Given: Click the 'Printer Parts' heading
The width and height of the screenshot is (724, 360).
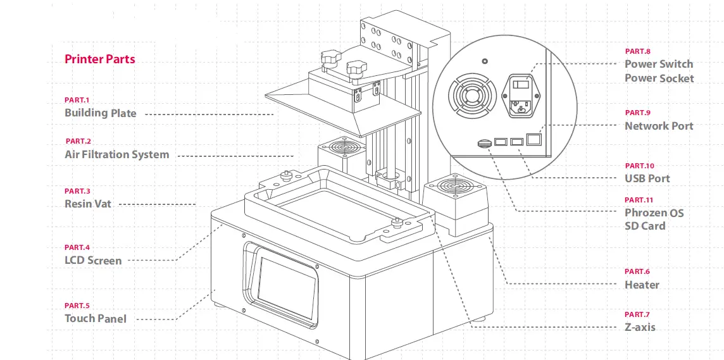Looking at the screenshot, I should click(x=99, y=59).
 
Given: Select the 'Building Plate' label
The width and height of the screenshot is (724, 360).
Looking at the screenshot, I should click(x=100, y=113).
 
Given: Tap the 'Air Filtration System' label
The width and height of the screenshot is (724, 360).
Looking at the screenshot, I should click(x=116, y=154).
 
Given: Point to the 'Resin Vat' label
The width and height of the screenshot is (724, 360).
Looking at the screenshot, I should click(x=87, y=204).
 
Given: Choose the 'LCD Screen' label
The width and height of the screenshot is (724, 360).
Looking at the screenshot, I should click(x=92, y=260).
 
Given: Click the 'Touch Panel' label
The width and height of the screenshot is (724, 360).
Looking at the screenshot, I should click(x=95, y=318).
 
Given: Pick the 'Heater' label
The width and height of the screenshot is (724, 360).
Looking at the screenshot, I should click(x=642, y=285).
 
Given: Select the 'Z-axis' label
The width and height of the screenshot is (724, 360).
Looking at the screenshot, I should click(x=640, y=327).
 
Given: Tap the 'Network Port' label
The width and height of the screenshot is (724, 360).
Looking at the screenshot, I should click(x=659, y=126).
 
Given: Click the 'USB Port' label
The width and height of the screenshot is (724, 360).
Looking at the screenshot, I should click(x=647, y=178).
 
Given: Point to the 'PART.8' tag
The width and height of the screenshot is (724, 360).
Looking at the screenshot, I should click(x=637, y=51).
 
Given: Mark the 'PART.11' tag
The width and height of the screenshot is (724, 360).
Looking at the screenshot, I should click(x=639, y=200).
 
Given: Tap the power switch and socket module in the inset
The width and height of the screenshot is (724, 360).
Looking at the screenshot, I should click(x=522, y=96).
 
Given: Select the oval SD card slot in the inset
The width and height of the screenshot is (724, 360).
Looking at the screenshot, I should click(x=484, y=143).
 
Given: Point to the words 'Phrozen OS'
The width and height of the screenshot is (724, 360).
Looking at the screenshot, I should click(x=654, y=213).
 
